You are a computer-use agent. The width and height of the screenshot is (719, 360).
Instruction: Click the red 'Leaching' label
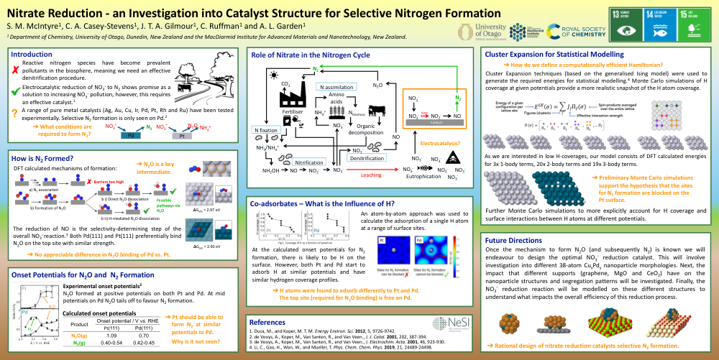(x=370, y=175)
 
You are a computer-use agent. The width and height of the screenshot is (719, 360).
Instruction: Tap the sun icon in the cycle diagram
(x=273, y=74)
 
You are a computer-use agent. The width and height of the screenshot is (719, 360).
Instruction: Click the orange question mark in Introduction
(x=15, y=112)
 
